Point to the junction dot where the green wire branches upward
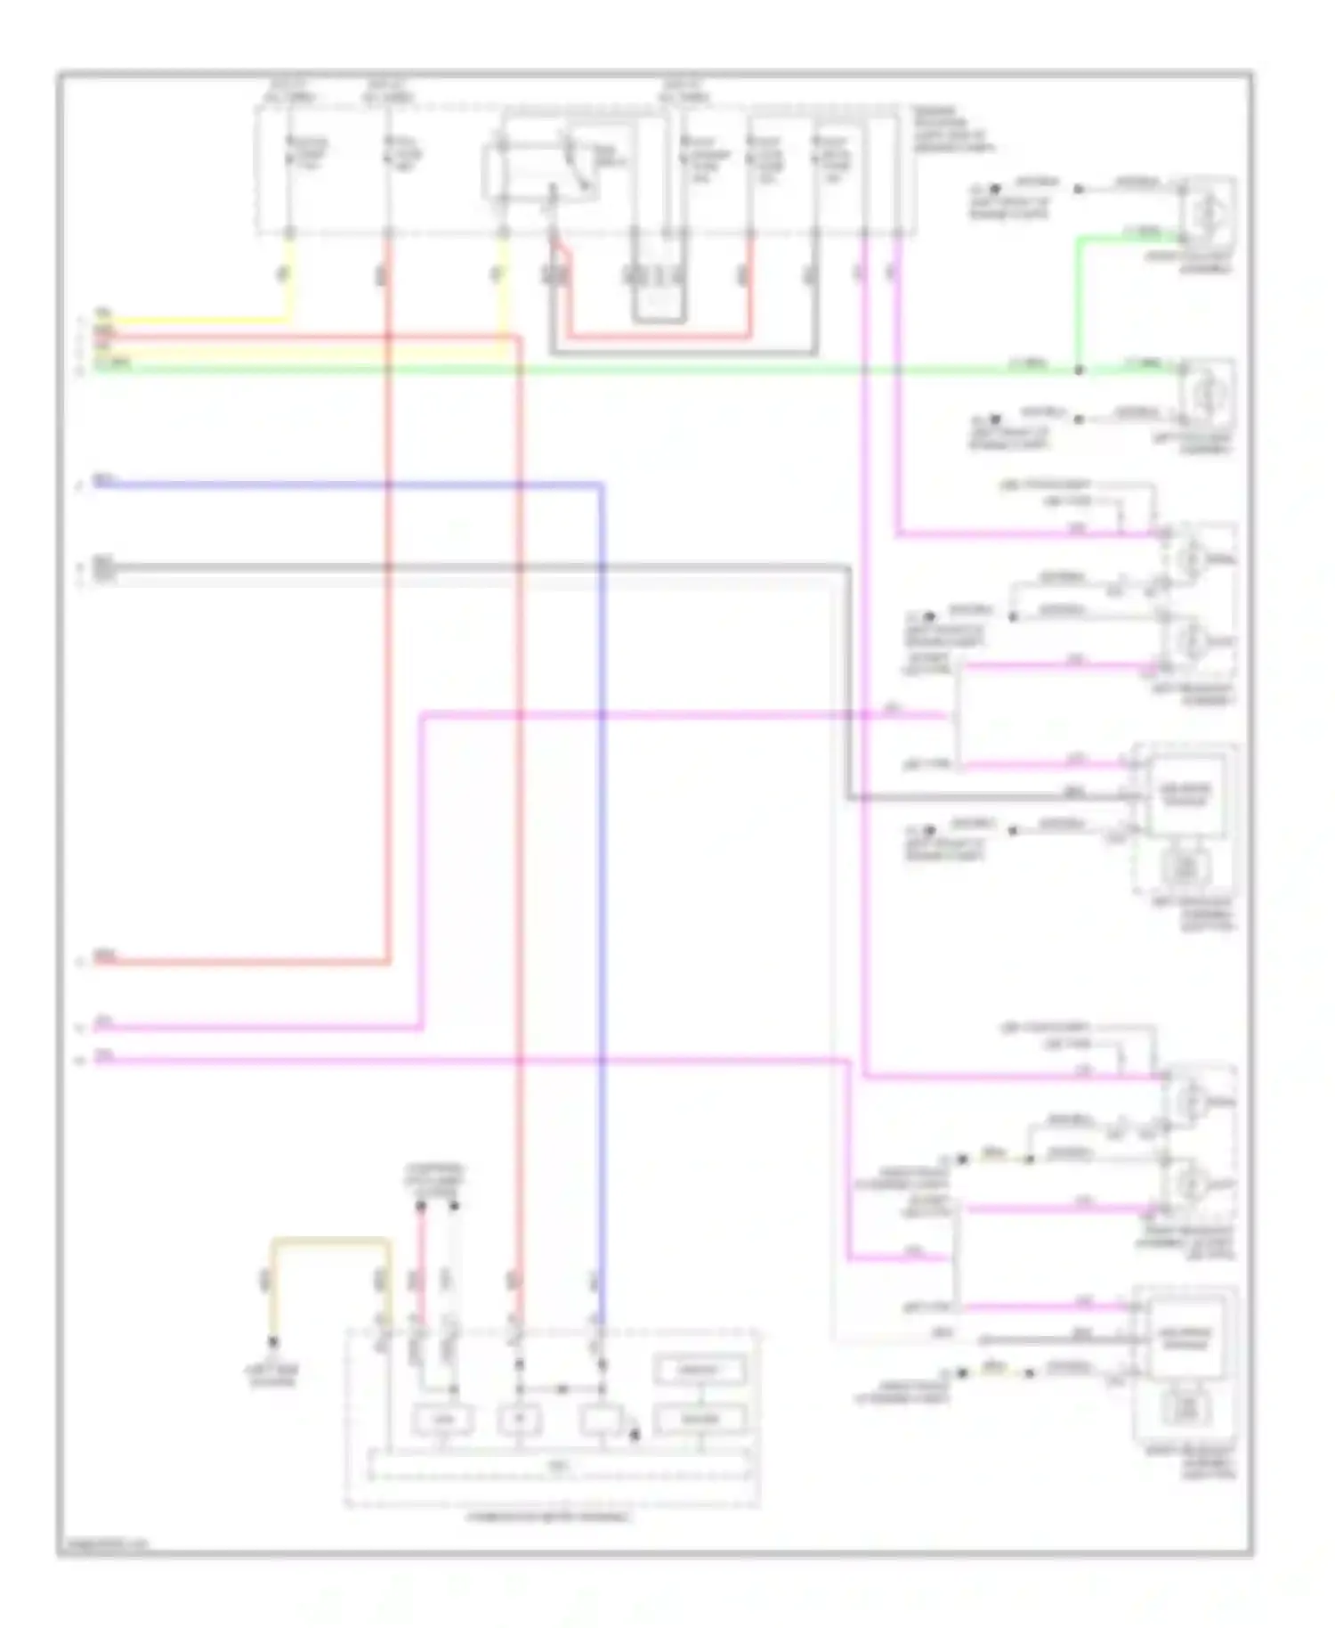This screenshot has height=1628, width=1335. pyautogui.click(x=1079, y=369)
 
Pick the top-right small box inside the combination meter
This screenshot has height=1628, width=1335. pyautogui.click(x=700, y=1370)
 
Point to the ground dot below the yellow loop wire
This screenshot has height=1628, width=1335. pyautogui.click(x=273, y=1340)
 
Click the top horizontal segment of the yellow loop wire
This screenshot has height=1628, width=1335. pyautogui.click(x=329, y=1240)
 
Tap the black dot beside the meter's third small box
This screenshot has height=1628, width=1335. pyautogui.click(x=635, y=1434)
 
